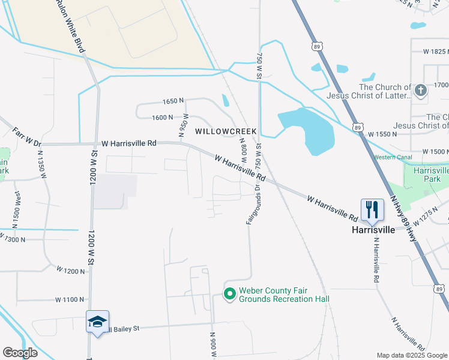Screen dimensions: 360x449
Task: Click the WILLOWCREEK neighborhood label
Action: [225, 131]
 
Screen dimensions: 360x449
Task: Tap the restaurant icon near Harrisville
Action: [372, 209]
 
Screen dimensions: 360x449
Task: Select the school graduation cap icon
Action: [97, 322]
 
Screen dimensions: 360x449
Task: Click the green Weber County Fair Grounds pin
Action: [229, 294]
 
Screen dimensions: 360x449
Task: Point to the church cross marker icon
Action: [420, 91]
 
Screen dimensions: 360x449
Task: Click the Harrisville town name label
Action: [373, 230]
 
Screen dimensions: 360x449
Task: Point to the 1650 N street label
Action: [172, 103]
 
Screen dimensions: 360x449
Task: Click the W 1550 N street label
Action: [382, 134]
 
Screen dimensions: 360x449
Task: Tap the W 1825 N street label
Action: [435, 52]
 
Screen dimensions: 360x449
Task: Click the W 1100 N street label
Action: [70, 299]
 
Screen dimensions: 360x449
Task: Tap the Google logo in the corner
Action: [20, 353]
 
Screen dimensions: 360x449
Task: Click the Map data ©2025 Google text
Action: [412, 355]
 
